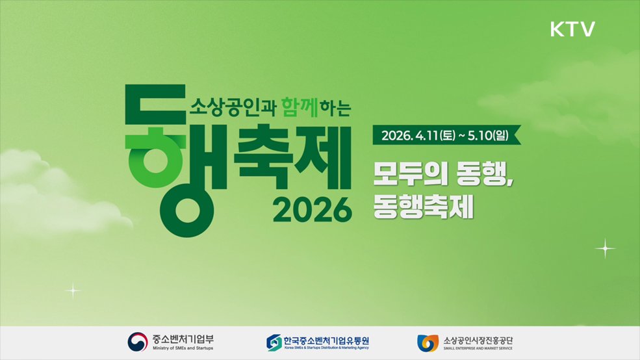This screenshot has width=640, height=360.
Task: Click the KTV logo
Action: pos(572,29)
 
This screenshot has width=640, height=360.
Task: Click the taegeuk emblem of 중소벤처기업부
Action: pos(138,342)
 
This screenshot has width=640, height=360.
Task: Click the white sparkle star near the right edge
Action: pos(605,248)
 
